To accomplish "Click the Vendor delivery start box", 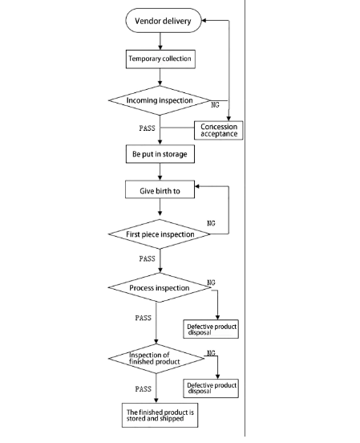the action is [164, 20].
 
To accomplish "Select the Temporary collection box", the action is [160, 59].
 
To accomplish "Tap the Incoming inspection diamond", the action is [160, 100].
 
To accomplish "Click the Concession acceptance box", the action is [219, 130].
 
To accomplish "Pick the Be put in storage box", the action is [160, 154].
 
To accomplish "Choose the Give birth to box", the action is [160, 189].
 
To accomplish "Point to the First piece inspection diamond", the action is [160, 234].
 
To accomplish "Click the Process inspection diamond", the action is [160, 287].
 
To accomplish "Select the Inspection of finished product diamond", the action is [156, 359].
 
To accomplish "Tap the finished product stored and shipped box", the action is [160, 415].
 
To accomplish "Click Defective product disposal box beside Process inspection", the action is [211, 329].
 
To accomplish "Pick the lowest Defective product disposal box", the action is [211, 388].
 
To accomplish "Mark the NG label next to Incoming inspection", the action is [215, 105].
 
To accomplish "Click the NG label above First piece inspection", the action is [211, 223].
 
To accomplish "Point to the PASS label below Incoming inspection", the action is [147, 128].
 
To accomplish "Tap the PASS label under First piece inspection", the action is [147, 258].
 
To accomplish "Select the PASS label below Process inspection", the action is [144, 318].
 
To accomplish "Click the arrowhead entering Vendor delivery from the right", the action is [204, 20].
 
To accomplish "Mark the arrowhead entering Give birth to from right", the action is [196, 186].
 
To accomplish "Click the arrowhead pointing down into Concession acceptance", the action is [229, 119].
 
